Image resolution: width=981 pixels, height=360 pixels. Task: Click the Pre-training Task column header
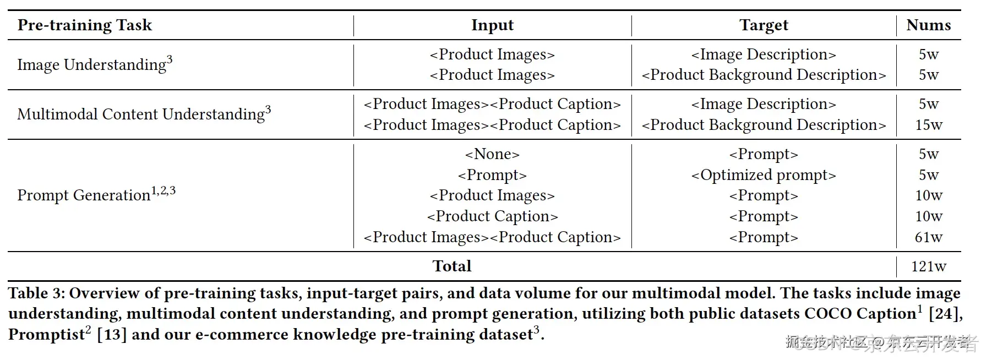(x=84, y=25)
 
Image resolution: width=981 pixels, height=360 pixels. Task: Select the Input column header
(x=492, y=25)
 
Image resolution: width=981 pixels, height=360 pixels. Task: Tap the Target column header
(x=764, y=25)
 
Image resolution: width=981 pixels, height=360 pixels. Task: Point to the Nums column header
(x=928, y=25)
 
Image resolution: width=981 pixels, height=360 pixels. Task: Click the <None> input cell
(x=492, y=154)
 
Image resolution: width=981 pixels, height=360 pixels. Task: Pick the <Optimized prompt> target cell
(x=764, y=175)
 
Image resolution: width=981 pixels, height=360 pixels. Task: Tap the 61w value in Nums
(x=928, y=237)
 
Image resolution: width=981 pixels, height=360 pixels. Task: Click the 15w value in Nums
(x=928, y=125)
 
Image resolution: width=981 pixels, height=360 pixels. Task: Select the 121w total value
(x=928, y=266)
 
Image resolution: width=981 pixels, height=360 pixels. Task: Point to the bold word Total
(x=451, y=266)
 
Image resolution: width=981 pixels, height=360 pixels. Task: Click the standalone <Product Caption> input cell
(x=492, y=216)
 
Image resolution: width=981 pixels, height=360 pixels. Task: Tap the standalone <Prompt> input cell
(x=492, y=175)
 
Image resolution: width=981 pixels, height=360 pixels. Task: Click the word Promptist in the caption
(x=46, y=335)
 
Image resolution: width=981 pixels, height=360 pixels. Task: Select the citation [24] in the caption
(x=945, y=314)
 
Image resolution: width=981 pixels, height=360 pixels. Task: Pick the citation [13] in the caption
(x=112, y=335)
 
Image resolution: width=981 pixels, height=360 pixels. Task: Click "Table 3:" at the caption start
(x=36, y=293)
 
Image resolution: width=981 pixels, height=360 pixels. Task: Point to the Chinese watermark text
(x=881, y=343)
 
